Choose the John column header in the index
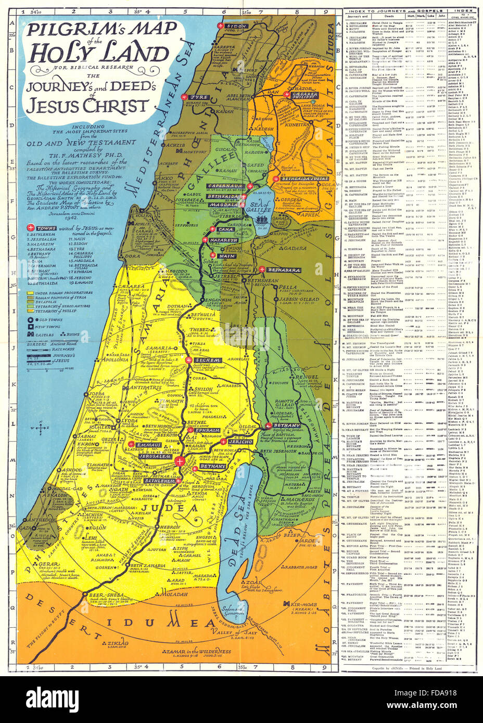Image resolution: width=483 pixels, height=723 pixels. (x=442, y=16)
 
